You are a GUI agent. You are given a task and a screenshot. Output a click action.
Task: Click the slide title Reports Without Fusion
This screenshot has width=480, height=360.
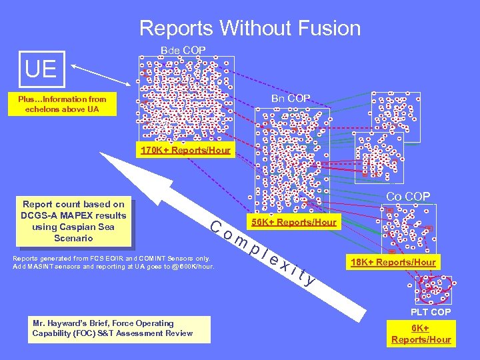pos(249,28)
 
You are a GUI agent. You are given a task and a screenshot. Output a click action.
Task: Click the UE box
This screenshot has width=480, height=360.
pos(41,69)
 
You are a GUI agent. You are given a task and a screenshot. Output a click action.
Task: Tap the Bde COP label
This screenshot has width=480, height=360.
pos(183,51)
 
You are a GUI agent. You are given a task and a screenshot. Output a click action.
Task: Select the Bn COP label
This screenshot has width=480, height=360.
pos(291,99)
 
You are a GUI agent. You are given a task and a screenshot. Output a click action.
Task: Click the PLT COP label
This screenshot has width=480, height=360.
pos(431,312)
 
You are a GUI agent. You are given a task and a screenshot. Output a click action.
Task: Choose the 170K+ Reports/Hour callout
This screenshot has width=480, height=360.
pos(185,150)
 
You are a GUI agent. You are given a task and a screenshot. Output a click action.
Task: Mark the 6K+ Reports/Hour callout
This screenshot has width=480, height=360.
pos(421,334)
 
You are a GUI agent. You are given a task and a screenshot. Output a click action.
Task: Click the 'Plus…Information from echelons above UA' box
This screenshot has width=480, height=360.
pos(62,104)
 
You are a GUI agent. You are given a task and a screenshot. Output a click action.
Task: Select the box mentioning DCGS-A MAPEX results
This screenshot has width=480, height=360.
pos(74,221)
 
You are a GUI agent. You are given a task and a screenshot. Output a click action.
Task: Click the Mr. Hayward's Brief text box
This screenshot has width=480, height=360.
pos(121,328)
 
